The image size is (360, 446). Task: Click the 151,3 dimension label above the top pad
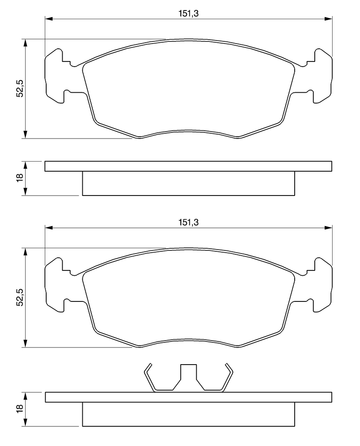[x=188, y=14]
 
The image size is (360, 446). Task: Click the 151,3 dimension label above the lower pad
[x=188, y=222]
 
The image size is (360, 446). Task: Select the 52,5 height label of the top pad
[x=20, y=88]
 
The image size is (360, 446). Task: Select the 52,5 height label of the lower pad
[x=20, y=297]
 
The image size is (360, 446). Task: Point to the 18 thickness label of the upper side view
[x=20, y=178]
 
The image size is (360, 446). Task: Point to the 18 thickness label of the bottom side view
[x=20, y=409]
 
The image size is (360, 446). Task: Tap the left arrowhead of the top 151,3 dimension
[x=49, y=19]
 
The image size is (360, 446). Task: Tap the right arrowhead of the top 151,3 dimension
[x=328, y=19]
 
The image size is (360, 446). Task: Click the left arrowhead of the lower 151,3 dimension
[x=49, y=228]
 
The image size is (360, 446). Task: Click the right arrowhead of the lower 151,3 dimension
[x=328, y=228]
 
